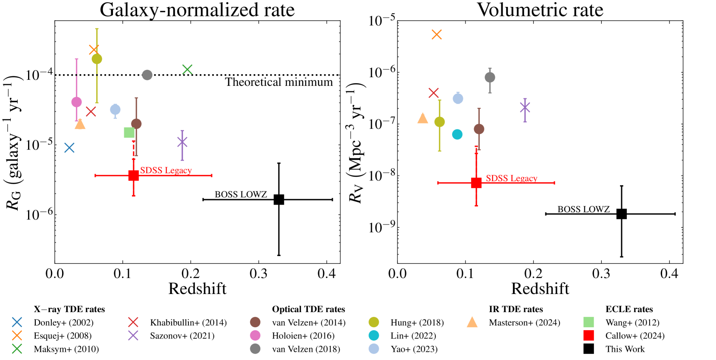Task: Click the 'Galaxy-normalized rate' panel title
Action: [197, 10]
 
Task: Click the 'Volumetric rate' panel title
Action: [540, 10]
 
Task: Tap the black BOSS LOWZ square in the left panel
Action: [279, 200]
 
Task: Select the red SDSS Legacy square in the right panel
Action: [476, 183]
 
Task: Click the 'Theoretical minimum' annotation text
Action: [279, 82]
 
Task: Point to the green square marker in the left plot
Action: [129, 132]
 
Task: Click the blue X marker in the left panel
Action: [69, 148]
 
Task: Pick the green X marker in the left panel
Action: [187, 69]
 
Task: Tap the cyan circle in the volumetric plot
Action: [457, 135]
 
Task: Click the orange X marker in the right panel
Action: [437, 34]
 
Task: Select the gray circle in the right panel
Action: [490, 78]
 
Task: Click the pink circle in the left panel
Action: [76, 102]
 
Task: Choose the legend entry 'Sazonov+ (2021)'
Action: [182, 336]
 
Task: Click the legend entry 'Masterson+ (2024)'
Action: [524, 322]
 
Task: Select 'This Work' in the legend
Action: [625, 349]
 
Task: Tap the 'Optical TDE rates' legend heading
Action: [308, 309]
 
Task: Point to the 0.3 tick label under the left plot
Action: [259, 273]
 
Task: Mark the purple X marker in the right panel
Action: [525, 107]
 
